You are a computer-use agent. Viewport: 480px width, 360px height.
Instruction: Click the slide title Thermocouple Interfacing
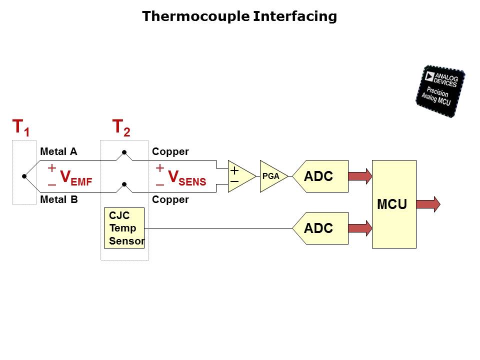(x=239, y=16)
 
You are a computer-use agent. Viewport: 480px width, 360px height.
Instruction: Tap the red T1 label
(x=20, y=127)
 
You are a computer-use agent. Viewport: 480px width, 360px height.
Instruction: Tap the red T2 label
(x=121, y=127)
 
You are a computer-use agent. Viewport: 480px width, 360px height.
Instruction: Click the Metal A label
(x=58, y=151)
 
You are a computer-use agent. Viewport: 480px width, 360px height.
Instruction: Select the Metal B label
(x=58, y=199)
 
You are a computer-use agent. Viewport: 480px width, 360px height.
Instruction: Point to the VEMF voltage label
(x=75, y=177)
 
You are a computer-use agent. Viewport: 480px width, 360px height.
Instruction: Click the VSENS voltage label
(x=186, y=177)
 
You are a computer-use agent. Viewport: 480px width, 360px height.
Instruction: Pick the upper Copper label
(x=170, y=151)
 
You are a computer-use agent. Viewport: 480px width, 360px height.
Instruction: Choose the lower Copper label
(x=170, y=199)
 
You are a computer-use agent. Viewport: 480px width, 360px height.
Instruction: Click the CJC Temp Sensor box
(x=124, y=228)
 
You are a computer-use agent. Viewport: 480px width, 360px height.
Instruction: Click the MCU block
(x=394, y=204)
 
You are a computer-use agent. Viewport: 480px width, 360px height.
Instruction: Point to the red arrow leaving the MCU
(x=428, y=204)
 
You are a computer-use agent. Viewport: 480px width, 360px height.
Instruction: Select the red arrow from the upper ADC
(x=360, y=176)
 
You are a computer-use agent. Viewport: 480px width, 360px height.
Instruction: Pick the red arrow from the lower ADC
(x=360, y=228)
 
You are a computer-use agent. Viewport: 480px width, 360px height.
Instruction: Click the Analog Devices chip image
(x=440, y=91)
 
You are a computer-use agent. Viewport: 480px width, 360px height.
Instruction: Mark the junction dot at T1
(x=23, y=176)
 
